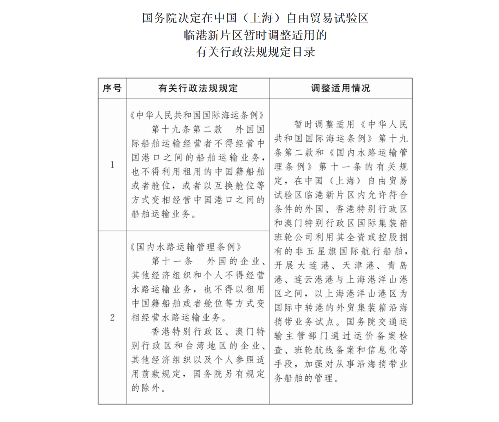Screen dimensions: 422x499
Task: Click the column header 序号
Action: point(112,88)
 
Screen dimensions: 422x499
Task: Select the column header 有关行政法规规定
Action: point(198,88)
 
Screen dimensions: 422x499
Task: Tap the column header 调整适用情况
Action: point(340,88)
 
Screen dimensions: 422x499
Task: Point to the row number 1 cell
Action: point(112,165)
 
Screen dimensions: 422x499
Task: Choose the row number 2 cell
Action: point(112,317)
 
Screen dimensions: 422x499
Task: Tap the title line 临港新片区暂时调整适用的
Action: point(255,35)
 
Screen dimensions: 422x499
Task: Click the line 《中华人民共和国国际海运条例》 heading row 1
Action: point(197,116)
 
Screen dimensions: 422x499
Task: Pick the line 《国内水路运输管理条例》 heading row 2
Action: point(186,247)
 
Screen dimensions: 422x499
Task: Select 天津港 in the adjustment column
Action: point(358,266)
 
